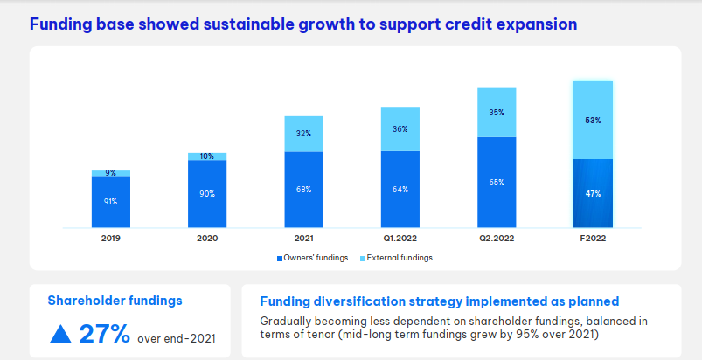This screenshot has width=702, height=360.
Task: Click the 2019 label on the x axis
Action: (110, 237)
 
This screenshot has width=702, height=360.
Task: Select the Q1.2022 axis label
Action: (400, 237)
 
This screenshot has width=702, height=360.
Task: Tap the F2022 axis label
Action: (593, 237)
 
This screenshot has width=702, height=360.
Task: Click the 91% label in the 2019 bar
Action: (111, 202)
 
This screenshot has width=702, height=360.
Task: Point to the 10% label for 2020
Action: (207, 156)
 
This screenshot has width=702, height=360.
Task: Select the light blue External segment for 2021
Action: (303, 134)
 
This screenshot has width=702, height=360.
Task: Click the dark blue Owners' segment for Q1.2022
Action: (400, 189)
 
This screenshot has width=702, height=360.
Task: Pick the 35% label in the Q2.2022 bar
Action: (497, 113)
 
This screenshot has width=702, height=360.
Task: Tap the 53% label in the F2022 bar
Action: (593, 121)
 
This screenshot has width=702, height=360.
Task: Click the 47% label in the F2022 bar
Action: (593, 193)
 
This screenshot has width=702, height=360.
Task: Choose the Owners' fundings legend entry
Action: (312, 258)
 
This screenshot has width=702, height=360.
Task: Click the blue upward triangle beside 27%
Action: (60, 334)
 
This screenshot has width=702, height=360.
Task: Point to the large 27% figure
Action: (105, 333)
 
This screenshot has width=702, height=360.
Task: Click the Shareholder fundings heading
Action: (115, 300)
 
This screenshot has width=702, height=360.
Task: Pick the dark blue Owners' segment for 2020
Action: (207, 194)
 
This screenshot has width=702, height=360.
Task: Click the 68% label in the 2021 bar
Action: (303, 189)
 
